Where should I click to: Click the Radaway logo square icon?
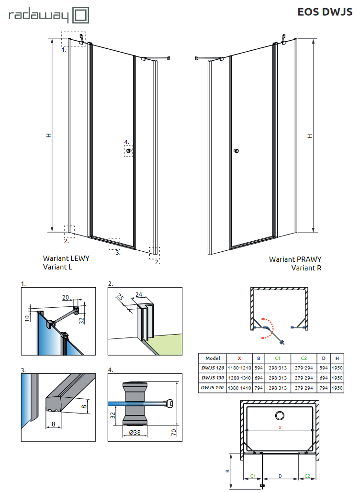click(x=81, y=15)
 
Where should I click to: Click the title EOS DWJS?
click(x=325, y=12)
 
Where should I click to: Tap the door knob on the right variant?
click(x=236, y=152)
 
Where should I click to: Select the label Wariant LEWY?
click(x=66, y=258)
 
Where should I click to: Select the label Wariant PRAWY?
click(x=295, y=259)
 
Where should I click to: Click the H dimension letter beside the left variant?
click(x=48, y=135)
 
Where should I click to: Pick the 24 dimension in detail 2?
click(x=139, y=295)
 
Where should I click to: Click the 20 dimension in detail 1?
click(x=66, y=297)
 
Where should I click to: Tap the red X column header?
click(x=240, y=358)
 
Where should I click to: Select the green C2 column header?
click(x=304, y=358)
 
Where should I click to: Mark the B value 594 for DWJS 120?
click(x=259, y=368)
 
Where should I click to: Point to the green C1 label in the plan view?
click(x=254, y=477)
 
